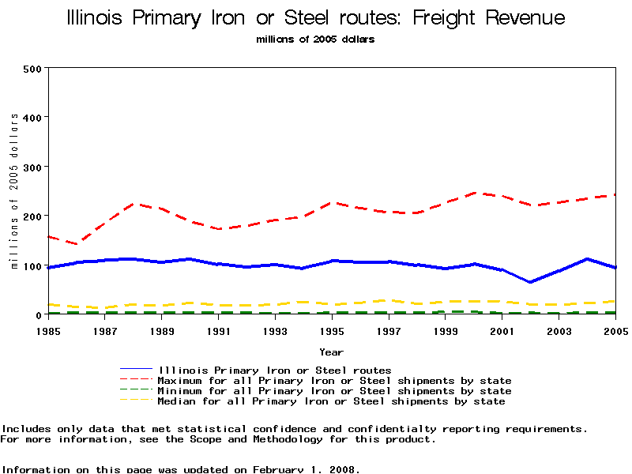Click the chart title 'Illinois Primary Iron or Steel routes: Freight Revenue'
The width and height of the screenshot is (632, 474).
pyautogui.click(x=316, y=17)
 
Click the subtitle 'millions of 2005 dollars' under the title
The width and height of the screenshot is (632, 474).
pyautogui.click(x=316, y=39)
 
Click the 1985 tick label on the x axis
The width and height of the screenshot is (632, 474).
pyautogui.click(x=48, y=330)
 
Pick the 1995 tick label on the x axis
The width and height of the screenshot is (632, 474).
pyautogui.click(x=332, y=330)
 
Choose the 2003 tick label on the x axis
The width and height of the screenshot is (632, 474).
pyautogui.click(x=559, y=330)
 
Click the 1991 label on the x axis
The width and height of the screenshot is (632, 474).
pyautogui.click(x=219, y=330)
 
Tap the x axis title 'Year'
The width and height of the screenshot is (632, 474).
pyautogui.click(x=332, y=352)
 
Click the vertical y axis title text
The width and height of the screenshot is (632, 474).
pyautogui.click(x=14, y=190)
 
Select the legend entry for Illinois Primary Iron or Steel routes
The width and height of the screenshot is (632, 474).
pyautogui.click(x=274, y=370)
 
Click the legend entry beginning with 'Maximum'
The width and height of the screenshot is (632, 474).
pyautogui.click(x=334, y=381)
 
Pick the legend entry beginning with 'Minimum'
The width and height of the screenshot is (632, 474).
pyautogui.click(x=334, y=391)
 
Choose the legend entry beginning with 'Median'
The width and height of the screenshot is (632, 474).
pyautogui.click(x=331, y=401)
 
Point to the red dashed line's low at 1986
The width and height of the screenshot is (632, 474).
pyautogui.click(x=77, y=244)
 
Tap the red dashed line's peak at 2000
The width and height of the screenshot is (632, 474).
pyautogui.click(x=474, y=192)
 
